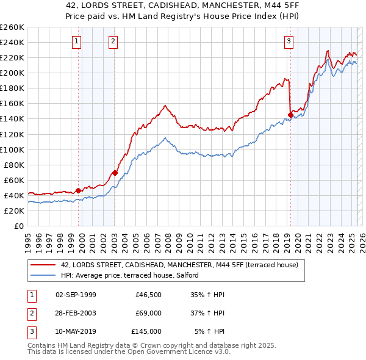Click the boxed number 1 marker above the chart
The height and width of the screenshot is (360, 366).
(77, 41)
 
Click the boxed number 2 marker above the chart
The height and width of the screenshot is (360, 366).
(114, 41)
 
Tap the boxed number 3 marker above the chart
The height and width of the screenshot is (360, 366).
(289, 41)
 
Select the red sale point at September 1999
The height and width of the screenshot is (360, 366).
(78, 190)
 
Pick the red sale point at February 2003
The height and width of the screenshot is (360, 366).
(115, 173)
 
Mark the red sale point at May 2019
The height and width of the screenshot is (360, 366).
(290, 114)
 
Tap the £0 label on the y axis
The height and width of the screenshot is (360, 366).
(18, 226)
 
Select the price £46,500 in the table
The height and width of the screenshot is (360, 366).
(148, 295)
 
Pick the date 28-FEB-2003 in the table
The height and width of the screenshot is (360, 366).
(76, 313)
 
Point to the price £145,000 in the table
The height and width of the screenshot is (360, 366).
(146, 331)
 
